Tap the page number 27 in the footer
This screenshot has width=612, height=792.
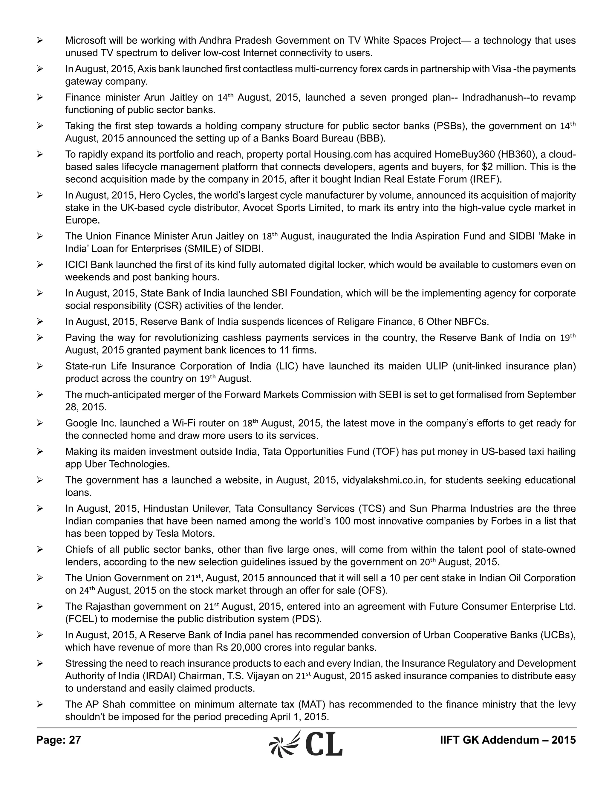click(x=75, y=740)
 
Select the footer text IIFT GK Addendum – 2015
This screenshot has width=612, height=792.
click(x=508, y=740)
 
